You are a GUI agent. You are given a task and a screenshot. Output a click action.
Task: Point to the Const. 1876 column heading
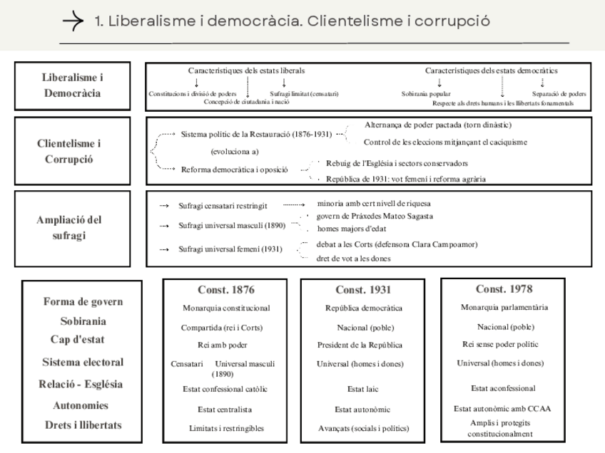point(225,290)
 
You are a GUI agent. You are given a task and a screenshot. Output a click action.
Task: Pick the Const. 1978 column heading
point(504,289)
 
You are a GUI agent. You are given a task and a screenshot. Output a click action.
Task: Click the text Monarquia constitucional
point(225,308)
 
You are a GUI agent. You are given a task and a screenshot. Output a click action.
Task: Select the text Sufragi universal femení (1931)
point(230,249)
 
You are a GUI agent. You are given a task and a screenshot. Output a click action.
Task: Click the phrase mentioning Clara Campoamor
point(397,244)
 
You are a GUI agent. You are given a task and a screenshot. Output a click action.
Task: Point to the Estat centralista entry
point(225,410)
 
